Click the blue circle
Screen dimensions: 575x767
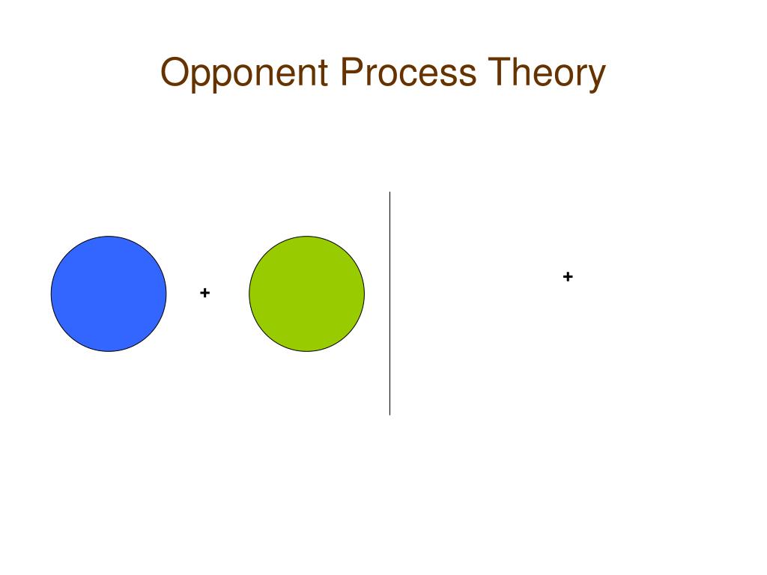tap(109, 293)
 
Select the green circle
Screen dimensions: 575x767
tap(306, 293)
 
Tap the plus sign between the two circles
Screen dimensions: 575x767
tap(204, 293)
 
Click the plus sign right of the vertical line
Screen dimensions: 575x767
tap(568, 277)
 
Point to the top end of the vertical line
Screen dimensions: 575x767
tap(389, 193)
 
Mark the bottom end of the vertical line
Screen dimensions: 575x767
tap(389, 413)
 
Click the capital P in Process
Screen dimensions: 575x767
tap(351, 73)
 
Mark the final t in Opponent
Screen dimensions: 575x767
tap(324, 74)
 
